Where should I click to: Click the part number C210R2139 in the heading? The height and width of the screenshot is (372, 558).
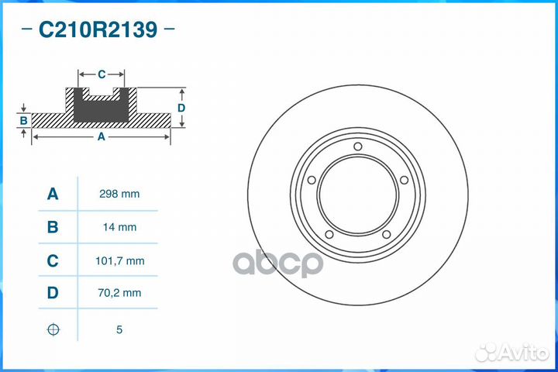pyautogui.click(x=98, y=30)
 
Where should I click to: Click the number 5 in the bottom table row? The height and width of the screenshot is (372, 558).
pyautogui.click(x=119, y=329)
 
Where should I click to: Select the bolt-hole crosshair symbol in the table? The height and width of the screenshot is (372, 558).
pyautogui.click(x=53, y=329)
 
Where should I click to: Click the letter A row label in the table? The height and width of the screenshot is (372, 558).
pyautogui.click(x=53, y=194)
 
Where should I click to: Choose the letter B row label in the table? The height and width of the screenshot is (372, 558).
pyautogui.click(x=53, y=227)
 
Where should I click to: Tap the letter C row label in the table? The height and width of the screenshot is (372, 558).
pyautogui.click(x=53, y=261)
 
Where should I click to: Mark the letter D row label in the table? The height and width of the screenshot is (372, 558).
pyautogui.click(x=53, y=294)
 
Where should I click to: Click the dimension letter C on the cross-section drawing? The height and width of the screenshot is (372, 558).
pyautogui.click(x=102, y=74)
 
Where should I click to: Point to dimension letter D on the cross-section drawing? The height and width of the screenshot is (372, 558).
pyautogui.click(x=181, y=108)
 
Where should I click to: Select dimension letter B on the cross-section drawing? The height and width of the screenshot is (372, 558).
pyautogui.click(x=24, y=121)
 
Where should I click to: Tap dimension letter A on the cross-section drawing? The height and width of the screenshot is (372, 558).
pyautogui.click(x=101, y=136)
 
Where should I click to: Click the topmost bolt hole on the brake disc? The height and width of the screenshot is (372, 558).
pyautogui.click(x=357, y=147)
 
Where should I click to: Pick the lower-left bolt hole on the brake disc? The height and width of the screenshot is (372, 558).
pyautogui.click(x=329, y=235)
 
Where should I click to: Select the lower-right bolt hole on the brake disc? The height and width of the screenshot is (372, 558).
pyautogui.click(x=386, y=235)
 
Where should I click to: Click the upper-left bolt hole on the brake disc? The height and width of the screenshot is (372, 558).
pyautogui.click(x=312, y=181)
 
